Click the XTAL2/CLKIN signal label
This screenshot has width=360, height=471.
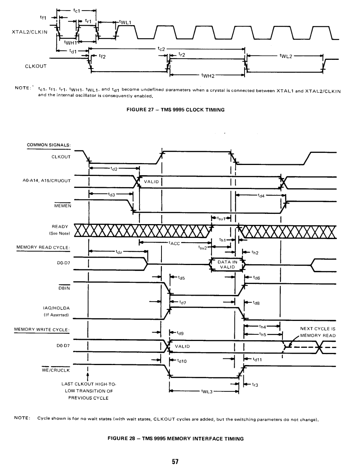tap(30, 32)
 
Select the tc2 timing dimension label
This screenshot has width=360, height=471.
tap(161, 49)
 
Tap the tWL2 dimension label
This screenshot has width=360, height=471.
tap(286, 56)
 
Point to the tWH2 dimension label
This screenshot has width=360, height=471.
tap(208, 76)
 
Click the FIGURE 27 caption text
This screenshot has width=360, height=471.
tap(176, 109)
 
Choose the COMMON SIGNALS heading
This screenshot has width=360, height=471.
tap(49, 145)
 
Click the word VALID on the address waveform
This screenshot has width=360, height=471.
tap(151, 182)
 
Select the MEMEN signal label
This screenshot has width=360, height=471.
tap(63, 206)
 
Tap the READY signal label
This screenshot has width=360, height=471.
tap(60, 226)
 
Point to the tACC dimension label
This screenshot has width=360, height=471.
tap(174, 243)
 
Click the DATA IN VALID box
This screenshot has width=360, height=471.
tap(228, 264)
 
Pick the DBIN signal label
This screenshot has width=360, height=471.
tap(64, 288)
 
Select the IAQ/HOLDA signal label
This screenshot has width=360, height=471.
tap(56, 308)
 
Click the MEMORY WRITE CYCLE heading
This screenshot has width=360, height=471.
tap(42, 330)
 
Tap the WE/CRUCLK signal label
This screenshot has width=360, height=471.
tap(56, 370)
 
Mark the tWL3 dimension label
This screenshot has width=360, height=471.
tap(207, 391)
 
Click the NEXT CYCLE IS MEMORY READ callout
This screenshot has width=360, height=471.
tap(318, 332)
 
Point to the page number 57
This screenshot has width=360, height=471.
tap(175, 462)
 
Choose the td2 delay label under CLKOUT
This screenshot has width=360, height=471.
tap(114, 169)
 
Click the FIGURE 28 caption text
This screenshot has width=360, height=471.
tap(176, 439)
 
